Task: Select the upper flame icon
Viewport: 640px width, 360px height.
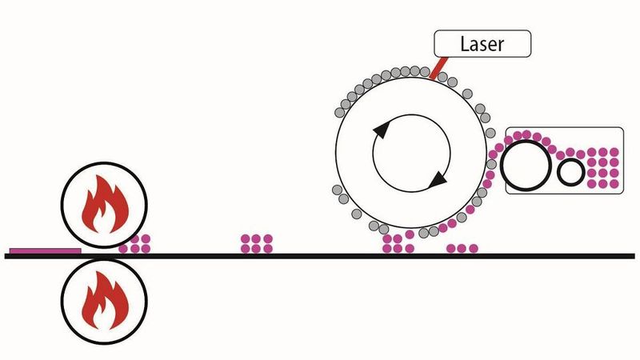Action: (104, 205)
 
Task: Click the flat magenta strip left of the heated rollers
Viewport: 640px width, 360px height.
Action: (45, 250)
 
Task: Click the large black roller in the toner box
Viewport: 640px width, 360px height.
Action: (526, 166)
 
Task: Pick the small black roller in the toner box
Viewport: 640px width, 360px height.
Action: (571, 171)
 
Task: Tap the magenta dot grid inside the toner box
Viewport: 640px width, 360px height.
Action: (602, 168)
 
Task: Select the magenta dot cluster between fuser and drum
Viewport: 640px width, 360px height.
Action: (256, 243)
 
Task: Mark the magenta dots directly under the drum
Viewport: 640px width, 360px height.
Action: (398, 243)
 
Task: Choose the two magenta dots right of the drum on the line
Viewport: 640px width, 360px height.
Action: (462, 248)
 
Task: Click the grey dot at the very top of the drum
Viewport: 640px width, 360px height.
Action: (407, 70)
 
